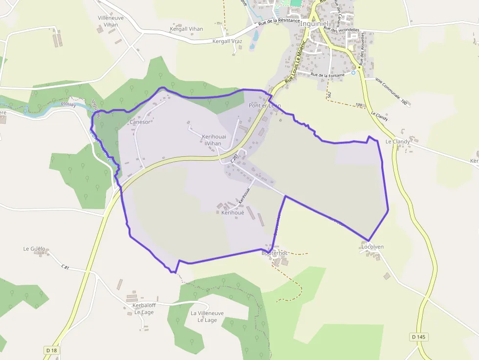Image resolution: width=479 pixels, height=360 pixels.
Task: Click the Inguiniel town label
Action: click(x=314, y=23)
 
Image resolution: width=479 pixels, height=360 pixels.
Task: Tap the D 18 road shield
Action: click(x=51, y=350)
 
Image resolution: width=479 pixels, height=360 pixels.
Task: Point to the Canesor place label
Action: click(x=140, y=122)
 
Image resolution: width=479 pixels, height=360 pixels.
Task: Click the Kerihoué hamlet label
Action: click(x=233, y=212)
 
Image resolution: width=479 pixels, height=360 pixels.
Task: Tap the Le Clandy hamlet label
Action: click(x=397, y=142)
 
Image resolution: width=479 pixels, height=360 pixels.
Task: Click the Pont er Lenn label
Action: click(x=265, y=106)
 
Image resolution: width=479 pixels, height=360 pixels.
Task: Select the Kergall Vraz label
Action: click(x=227, y=42)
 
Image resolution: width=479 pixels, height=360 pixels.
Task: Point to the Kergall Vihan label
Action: click(x=186, y=29)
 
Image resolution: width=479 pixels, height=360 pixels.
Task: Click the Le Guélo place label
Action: click(x=34, y=249)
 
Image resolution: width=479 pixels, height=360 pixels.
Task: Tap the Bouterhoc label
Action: click(x=274, y=253)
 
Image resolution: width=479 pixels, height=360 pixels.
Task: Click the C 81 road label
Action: click(x=66, y=267)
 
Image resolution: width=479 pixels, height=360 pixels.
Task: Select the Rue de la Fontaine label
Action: click(x=327, y=75)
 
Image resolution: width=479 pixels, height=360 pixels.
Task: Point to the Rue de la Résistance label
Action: click(x=279, y=21)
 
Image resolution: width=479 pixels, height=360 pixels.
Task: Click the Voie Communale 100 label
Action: click(x=391, y=91)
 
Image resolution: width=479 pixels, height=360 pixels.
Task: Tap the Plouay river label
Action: click(x=68, y=104)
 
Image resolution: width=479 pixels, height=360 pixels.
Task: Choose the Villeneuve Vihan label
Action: click(x=111, y=21)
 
